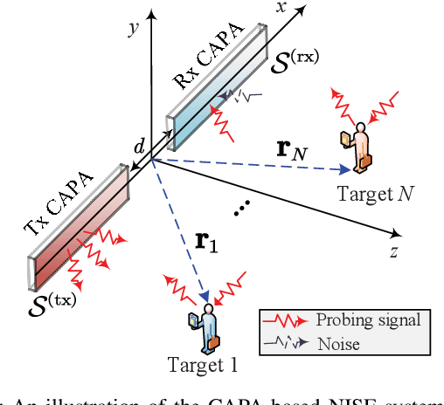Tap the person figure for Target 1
208,327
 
